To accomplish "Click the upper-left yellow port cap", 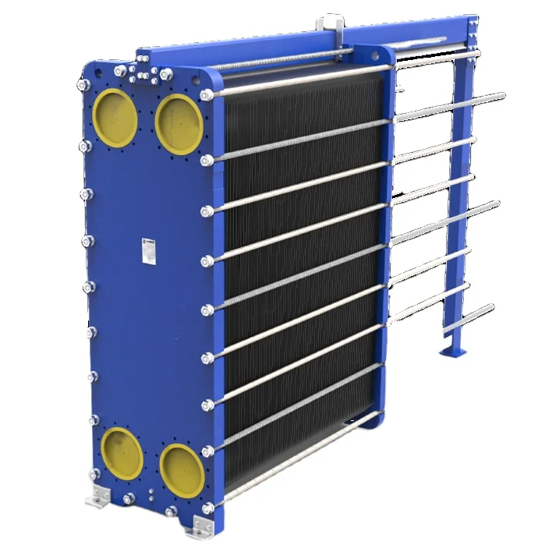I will [116, 116].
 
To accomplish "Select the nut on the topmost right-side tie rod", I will [206, 94].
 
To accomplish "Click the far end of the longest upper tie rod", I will [501, 97].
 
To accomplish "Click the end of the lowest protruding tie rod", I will [490, 307].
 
